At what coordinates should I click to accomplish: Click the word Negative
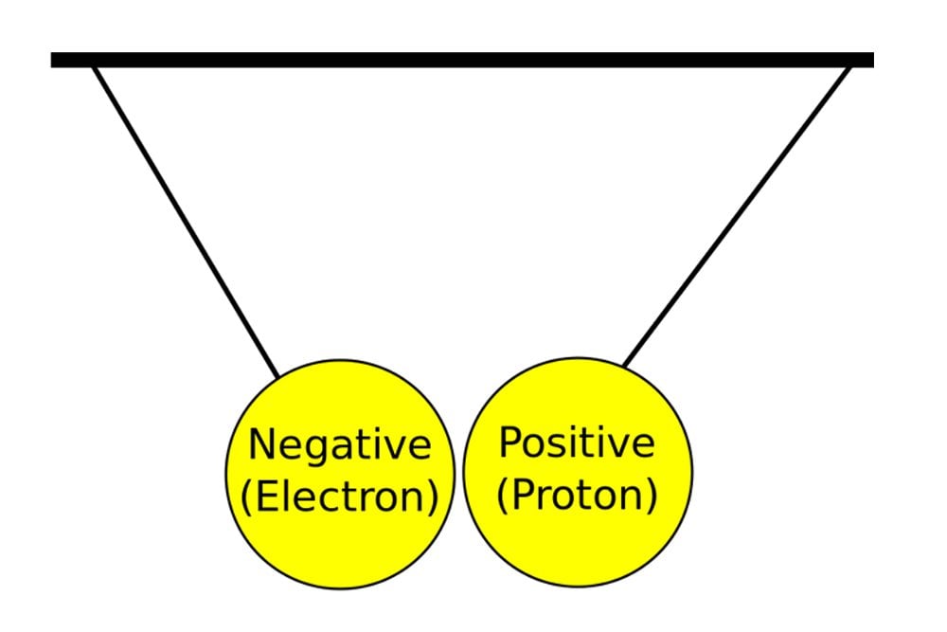pyautogui.click(x=339, y=444)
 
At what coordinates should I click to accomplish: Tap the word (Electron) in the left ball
pyautogui.click(x=339, y=497)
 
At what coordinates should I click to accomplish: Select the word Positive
pyautogui.click(x=577, y=442)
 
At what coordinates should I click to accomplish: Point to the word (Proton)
pyautogui.click(x=577, y=495)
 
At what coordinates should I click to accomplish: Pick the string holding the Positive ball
pyautogui.click(x=737, y=216)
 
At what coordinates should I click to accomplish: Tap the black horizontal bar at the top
pyautogui.click(x=462, y=61)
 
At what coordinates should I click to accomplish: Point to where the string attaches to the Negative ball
pyautogui.click(x=278, y=377)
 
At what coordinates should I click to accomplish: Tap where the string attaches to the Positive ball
pyautogui.click(x=623, y=366)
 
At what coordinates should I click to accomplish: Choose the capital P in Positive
pyautogui.click(x=509, y=442)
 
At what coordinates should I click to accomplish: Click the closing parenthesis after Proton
pyautogui.click(x=651, y=497)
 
